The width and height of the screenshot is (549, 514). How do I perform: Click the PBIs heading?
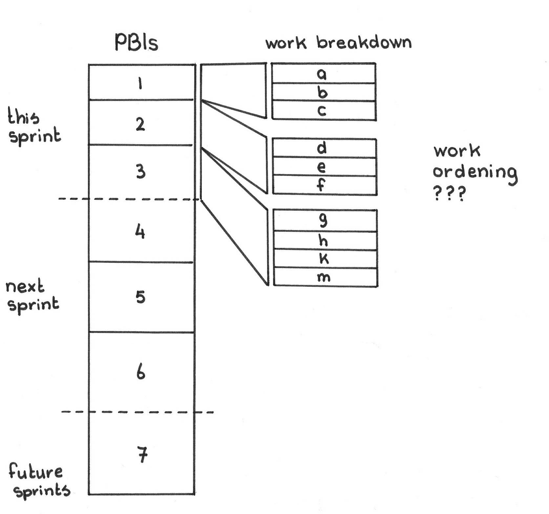[136, 43]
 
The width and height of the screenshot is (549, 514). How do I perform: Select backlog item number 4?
[140, 232]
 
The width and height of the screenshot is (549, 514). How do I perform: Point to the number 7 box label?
[142, 455]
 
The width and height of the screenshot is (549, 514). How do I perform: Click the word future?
[35, 472]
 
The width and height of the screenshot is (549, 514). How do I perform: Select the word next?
[25, 287]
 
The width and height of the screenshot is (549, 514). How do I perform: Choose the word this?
[23, 117]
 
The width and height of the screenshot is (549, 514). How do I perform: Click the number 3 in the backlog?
[140, 171]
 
